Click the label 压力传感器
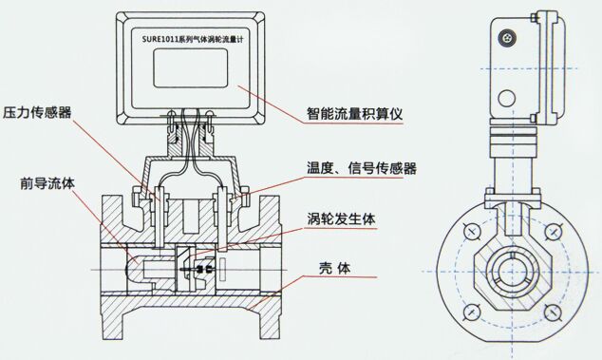[37, 112]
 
